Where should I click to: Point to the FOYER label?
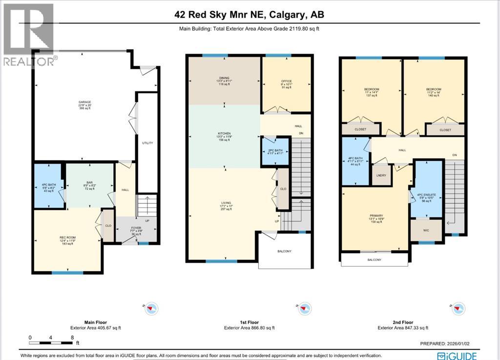pyautogui.click(x=136, y=228)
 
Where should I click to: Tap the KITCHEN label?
pyautogui.click(x=224, y=133)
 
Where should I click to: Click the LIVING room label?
pyautogui.click(x=224, y=202)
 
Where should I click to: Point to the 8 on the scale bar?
pyautogui.click(x=72, y=338)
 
